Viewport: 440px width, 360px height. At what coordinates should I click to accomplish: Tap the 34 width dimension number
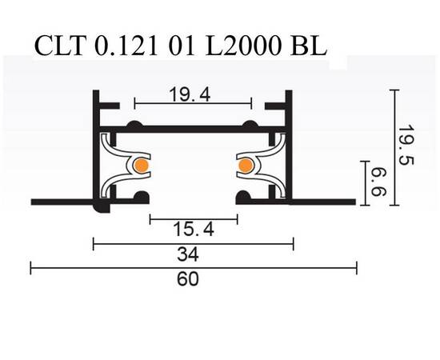pos(192,255)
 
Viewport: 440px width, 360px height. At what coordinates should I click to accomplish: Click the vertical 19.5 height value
pos(408,144)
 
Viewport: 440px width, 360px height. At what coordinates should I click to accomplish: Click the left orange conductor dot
pos(140,166)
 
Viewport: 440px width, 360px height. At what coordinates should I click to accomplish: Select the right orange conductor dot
pos(245,166)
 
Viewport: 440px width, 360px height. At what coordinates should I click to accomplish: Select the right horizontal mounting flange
pos(323,200)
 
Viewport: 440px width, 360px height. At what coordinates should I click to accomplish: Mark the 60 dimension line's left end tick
pos(31,268)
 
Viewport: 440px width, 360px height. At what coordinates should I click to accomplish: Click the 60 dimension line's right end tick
pos(356,268)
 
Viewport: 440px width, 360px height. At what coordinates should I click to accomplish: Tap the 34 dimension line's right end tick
pos(294,243)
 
